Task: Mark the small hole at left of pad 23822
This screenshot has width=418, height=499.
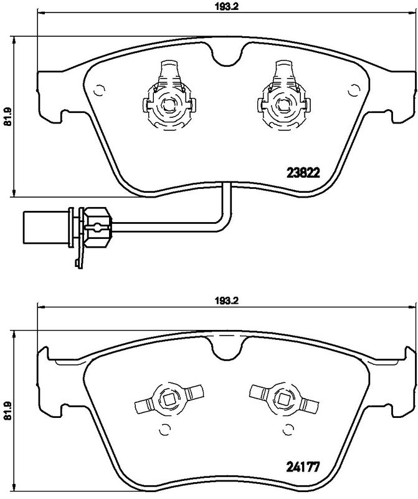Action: [x=97, y=91]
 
